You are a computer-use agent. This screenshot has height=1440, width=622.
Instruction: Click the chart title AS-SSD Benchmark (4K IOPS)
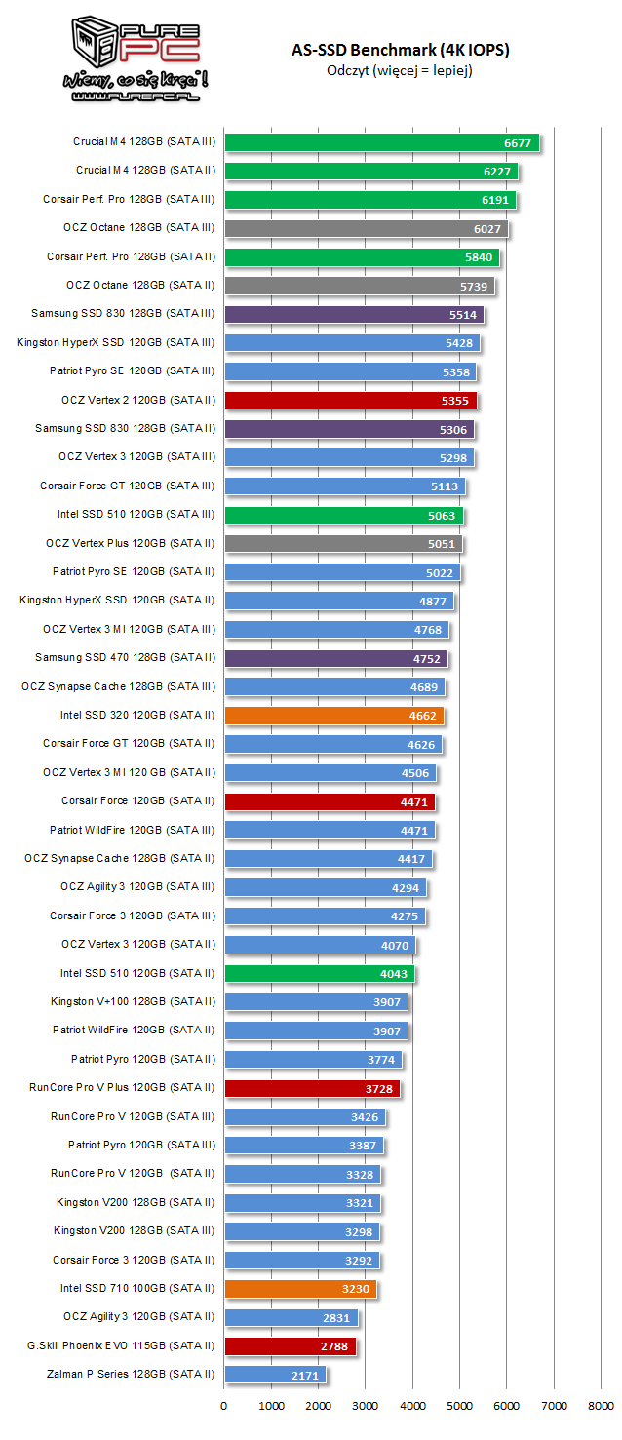click(x=400, y=50)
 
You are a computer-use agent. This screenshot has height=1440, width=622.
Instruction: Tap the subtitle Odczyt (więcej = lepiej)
click(x=400, y=70)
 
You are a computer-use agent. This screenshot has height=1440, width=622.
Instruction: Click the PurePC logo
click(x=136, y=58)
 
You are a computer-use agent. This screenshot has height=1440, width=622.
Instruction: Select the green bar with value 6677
click(x=381, y=142)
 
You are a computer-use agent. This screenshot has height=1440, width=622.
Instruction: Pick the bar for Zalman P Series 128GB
click(x=275, y=1375)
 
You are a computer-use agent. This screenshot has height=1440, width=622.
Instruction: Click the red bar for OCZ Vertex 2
click(x=351, y=400)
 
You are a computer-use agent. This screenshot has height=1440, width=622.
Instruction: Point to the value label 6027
click(x=488, y=229)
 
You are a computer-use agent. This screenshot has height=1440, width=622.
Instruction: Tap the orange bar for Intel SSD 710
click(x=300, y=1289)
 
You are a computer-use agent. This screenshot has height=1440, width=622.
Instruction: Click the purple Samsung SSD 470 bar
click(x=335, y=658)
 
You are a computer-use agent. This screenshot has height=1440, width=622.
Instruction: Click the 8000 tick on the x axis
click(x=602, y=1406)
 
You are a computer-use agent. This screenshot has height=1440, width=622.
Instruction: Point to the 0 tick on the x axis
click(x=224, y=1406)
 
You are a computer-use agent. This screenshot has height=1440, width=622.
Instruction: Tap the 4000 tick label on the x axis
click(x=412, y=1406)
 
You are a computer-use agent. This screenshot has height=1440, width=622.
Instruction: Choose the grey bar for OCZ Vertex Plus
click(x=343, y=543)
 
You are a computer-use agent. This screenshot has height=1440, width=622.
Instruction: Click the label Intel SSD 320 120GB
click(x=137, y=715)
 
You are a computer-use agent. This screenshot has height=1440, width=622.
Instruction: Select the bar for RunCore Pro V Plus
click(x=312, y=1088)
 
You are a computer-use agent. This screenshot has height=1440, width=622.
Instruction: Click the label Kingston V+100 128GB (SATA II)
click(x=134, y=1001)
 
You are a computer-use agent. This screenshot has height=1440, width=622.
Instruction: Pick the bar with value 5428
click(x=352, y=343)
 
